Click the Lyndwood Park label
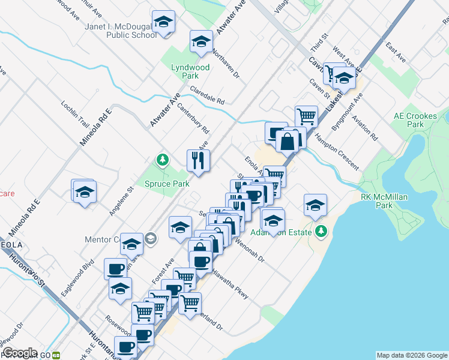point(190,72)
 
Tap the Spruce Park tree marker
point(161,160)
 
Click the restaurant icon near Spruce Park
point(198,160)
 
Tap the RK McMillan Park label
point(376,200)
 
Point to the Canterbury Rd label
point(193,121)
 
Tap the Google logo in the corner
point(20,353)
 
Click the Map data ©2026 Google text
point(411,355)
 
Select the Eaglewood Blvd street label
point(78,277)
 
